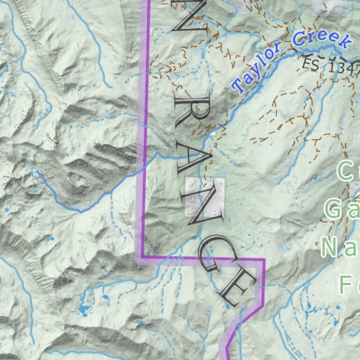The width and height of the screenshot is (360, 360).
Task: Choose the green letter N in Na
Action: click(x=330, y=247)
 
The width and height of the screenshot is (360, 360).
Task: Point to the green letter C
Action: click(x=347, y=171)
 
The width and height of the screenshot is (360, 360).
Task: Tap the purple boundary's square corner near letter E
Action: click(x=263, y=259)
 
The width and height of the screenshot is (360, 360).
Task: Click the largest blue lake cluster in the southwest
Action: click(x=84, y=309)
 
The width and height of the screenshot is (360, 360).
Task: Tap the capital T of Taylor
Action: click(x=239, y=85)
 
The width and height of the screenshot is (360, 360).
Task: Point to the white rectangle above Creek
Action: click(x=332, y=7)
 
